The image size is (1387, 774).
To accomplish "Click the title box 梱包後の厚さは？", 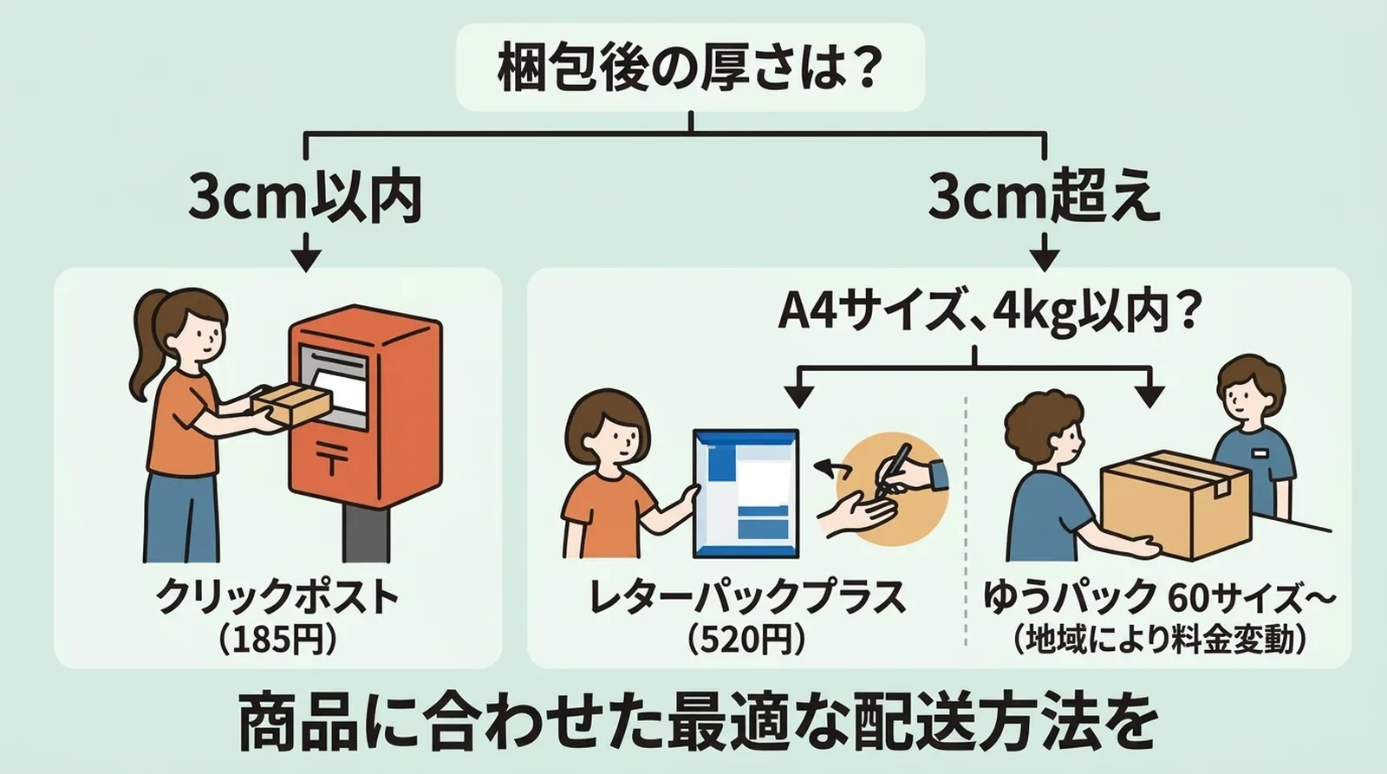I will click(x=690, y=68).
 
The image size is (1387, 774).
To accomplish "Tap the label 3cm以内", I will click(x=305, y=197).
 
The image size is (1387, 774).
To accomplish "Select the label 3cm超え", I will click(x=1044, y=197).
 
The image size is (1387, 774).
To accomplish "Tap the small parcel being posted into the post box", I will click(x=291, y=403).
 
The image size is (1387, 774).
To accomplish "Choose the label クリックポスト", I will click(x=277, y=597).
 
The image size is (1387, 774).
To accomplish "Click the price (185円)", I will click(x=277, y=640).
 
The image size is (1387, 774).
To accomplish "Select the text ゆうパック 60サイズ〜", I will click(x=1159, y=597).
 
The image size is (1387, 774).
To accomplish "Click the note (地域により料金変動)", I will click(x=1159, y=640).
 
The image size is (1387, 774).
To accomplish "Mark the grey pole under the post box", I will click(x=365, y=533).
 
